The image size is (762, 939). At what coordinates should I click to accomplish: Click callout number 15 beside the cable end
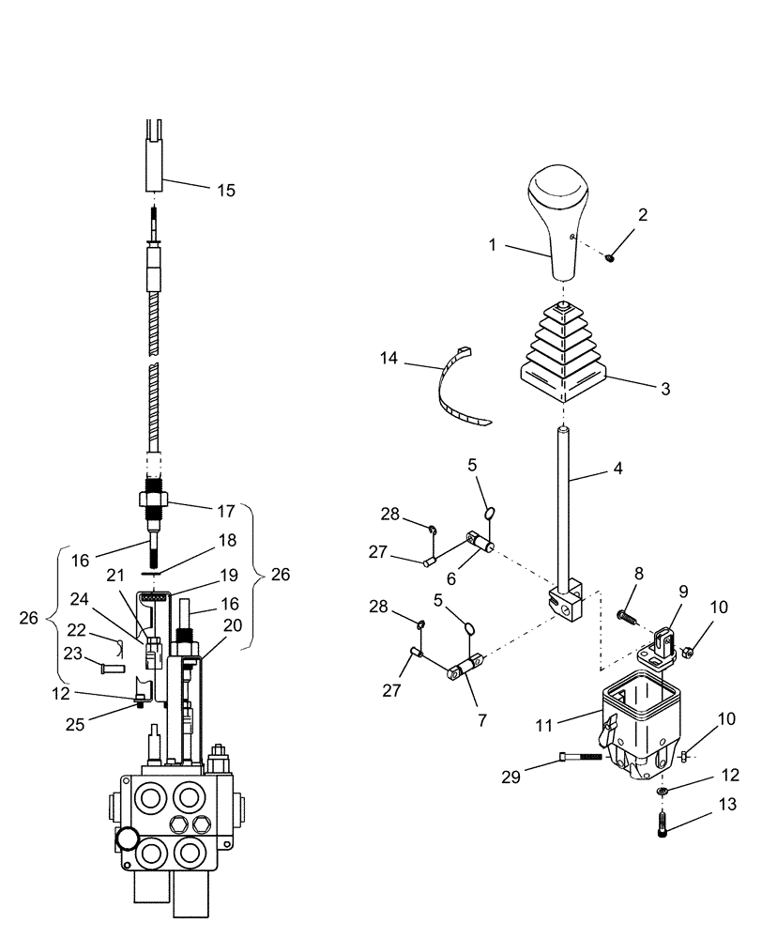(x=225, y=191)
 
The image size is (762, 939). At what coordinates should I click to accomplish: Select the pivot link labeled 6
(x=480, y=543)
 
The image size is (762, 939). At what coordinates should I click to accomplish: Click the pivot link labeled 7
(x=466, y=670)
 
